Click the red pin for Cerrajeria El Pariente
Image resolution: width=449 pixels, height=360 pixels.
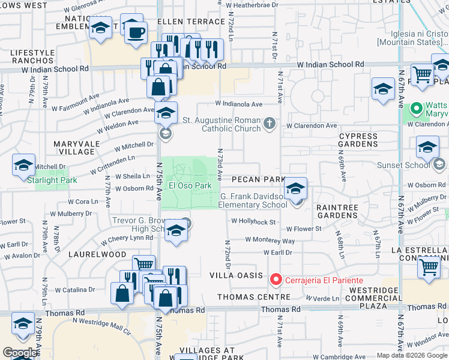(x=276, y=279)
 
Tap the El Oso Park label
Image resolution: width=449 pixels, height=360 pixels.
(x=190, y=185)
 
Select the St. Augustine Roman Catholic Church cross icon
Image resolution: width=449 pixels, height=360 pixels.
(x=270, y=124)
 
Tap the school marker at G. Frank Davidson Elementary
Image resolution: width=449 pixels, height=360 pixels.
(x=295, y=189)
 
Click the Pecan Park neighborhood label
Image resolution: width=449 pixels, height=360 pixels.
(x=258, y=179)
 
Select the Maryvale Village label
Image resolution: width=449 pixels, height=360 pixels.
(x=83, y=148)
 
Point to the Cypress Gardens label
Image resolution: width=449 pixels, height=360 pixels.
(x=358, y=140)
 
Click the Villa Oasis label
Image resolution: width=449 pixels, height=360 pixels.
(x=236, y=275)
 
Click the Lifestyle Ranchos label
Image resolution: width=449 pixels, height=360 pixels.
(x=32, y=56)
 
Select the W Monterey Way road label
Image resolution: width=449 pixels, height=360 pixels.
(x=270, y=240)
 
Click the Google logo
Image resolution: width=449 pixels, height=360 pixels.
(x=20, y=353)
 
